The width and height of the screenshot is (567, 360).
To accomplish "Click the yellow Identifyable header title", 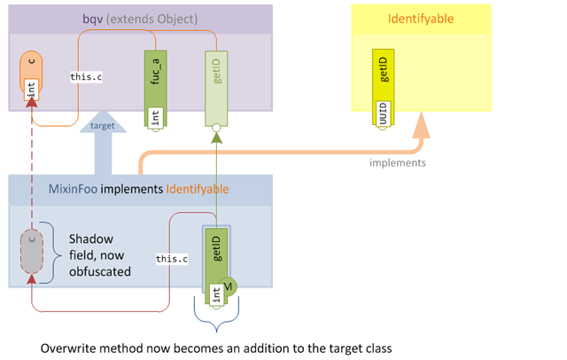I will tap(420, 19).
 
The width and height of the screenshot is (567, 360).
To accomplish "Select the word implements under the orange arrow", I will tap(398, 162).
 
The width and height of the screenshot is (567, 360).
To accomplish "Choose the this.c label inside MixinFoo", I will tap(172, 259).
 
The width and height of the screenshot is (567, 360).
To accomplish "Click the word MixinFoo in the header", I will tap(74, 189).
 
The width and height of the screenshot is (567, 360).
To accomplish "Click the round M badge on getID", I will tap(228, 286).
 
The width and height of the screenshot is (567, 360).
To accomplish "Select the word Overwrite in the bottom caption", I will tap(70, 348).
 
